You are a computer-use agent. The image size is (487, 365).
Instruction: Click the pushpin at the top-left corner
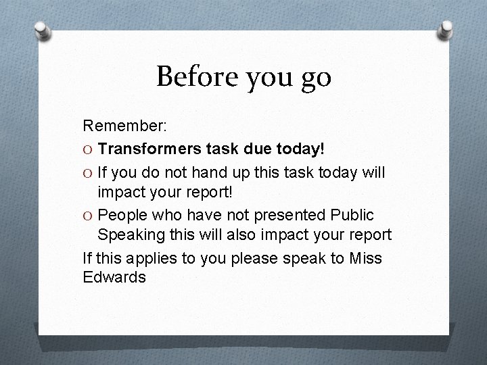pos(41,30)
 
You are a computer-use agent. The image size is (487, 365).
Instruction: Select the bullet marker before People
pos(88,215)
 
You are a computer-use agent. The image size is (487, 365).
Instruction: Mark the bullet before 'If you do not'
pos(88,172)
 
